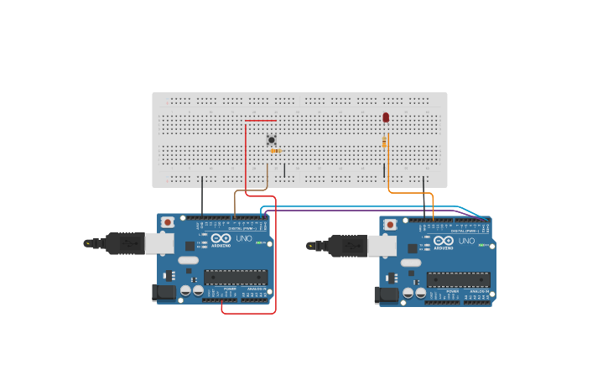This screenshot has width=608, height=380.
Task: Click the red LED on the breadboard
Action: point(386,117)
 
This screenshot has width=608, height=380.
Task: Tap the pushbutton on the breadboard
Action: point(271,139)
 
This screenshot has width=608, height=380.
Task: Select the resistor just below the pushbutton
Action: point(274,151)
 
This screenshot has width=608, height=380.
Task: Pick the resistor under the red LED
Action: point(384,142)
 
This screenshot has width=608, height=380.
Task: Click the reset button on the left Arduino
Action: point(167,222)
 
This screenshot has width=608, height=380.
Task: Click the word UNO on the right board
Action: point(466,242)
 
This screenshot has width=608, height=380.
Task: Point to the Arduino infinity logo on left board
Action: point(221,238)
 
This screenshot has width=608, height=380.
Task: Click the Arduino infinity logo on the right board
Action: point(443,241)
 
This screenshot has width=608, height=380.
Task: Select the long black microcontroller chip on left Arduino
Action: point(236,277)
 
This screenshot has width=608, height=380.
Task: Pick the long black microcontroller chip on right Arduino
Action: point(458,279)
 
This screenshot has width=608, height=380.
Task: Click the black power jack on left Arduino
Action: point(161,292)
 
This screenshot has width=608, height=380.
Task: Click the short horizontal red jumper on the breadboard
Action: point(260,121)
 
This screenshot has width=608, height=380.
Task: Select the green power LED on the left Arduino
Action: point(260,243)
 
